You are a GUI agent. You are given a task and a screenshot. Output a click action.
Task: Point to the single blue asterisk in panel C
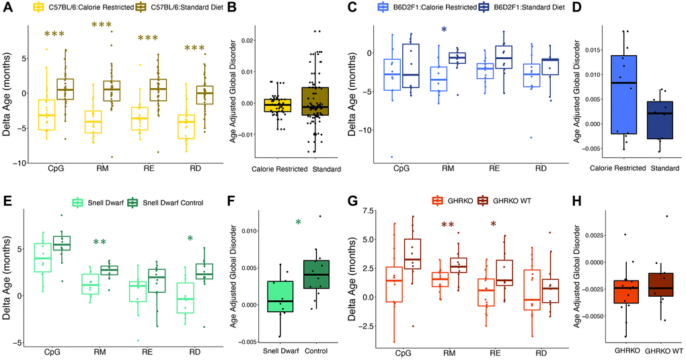[444, 30]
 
